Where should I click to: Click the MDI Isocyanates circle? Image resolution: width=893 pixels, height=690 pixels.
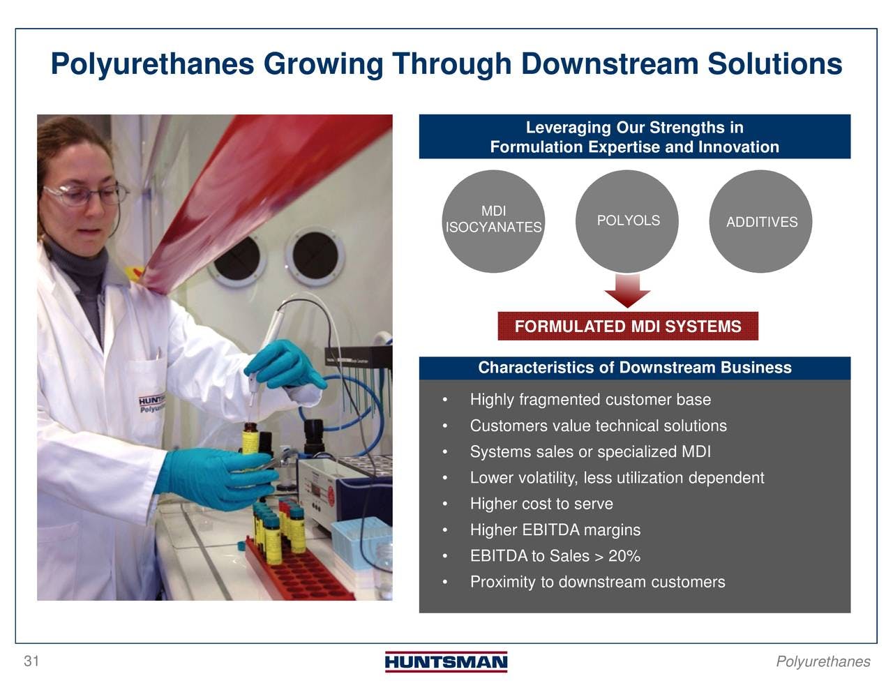point(493,221)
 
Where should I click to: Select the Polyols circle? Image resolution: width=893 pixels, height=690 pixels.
point(627,221)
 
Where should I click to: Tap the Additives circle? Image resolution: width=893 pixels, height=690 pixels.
point(760,221)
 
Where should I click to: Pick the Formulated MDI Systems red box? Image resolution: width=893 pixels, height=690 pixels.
point(628,326)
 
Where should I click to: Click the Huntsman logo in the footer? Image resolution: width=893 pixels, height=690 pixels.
point(446,661)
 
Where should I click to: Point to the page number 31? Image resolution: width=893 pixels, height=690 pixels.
point(31,661)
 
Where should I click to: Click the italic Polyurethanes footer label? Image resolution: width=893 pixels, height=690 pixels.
point(823,661)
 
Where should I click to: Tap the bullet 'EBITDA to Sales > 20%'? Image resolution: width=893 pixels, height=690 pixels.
point(555,555)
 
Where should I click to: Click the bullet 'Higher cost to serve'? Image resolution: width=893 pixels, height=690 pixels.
point(541,504)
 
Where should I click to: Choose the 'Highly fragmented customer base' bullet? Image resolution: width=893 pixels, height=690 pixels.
point(590,400)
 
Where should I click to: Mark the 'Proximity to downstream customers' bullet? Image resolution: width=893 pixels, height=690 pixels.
point(597,582)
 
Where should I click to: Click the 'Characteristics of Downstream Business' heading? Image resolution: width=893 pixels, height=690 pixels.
point(635,368)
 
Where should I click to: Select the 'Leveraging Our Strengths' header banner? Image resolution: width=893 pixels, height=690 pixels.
point(635,137)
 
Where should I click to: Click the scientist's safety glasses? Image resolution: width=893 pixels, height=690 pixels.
point(84,195)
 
